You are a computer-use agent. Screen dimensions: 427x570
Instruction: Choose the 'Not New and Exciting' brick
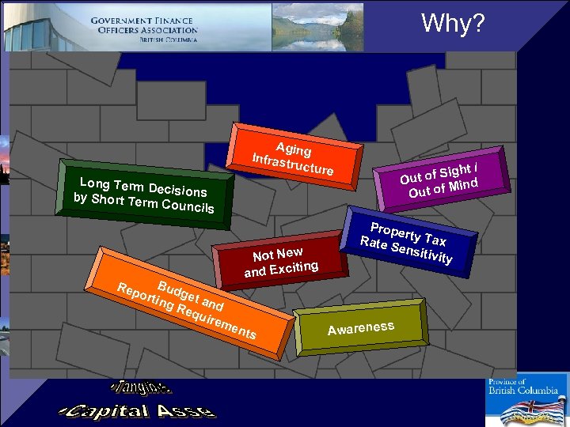(x=280, y=260)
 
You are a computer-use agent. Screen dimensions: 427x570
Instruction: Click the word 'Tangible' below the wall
(x=142, y=388)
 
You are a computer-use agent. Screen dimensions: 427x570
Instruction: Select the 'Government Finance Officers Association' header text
(x=143, y=30)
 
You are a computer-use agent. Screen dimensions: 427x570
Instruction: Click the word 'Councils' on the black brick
(x=187, y=206)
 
